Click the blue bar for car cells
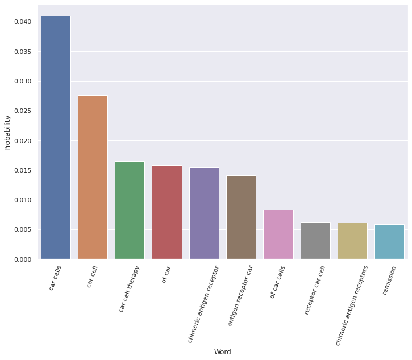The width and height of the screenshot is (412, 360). pyautogui.click(x=56, y=138)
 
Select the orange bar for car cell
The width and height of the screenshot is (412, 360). pyautogui.click(x=93, y=177)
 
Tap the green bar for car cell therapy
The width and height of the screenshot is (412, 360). pyautogui.click(x=130, y=210)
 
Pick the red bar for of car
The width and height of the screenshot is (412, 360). pyautogui.click(x=167, y=212)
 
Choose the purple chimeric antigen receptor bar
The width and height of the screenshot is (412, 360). pyautogui.click(x=204, y=213)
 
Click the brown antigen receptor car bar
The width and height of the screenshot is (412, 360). pyautogui.click(x=241, y=217)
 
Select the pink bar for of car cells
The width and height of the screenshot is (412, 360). pyautogui.click(x=278, y=235)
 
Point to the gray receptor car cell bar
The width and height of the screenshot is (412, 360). pyautogui.click(x=315, y=241)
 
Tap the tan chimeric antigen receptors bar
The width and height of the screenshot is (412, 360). pyautogui.click(x=352, y=241)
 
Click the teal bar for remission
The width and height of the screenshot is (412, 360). pyautogui.click(x=389, y=242)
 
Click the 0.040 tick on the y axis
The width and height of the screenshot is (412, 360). pyautogui.click(x=23, y=22)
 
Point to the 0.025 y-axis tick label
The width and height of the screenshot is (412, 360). pyautogui.click(x=23, y=111)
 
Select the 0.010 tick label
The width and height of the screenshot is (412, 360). pyautogui.click(x=23, y=200)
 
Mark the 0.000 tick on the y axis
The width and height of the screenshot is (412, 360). pyautogui.click(x=23, y=259)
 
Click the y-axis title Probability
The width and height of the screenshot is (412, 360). pyautogui.click(x=8, y=133)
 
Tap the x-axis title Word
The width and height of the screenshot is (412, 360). pyautogui.click(x=222, y=352)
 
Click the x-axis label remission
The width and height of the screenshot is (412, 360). pyautogui.click(x=390, y=279)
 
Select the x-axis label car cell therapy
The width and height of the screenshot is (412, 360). pyautogui.click(x=130, y=288)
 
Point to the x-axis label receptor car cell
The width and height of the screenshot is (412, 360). pyautogui.click(x=315, y=290)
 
